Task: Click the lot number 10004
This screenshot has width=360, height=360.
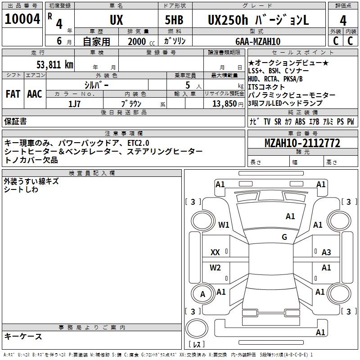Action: (22, 19)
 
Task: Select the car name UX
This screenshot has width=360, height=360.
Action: (116, 20)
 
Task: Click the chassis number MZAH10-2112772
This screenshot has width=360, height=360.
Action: (302, 144)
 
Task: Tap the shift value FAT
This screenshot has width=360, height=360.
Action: (13, 94)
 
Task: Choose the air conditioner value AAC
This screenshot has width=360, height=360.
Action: (34, 94)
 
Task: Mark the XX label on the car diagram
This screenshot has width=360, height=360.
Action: (215, 252)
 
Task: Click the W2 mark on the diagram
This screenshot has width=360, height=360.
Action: (215, 268)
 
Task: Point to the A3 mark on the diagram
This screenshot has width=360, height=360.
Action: (326, 252)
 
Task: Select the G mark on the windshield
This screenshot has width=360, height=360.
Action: (284, 237)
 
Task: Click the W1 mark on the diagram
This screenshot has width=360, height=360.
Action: (224, 225)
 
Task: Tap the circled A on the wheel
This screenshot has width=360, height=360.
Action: (202, 294)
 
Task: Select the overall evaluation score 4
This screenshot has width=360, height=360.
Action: (343, 20)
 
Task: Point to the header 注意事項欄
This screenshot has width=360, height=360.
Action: (123, 134)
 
